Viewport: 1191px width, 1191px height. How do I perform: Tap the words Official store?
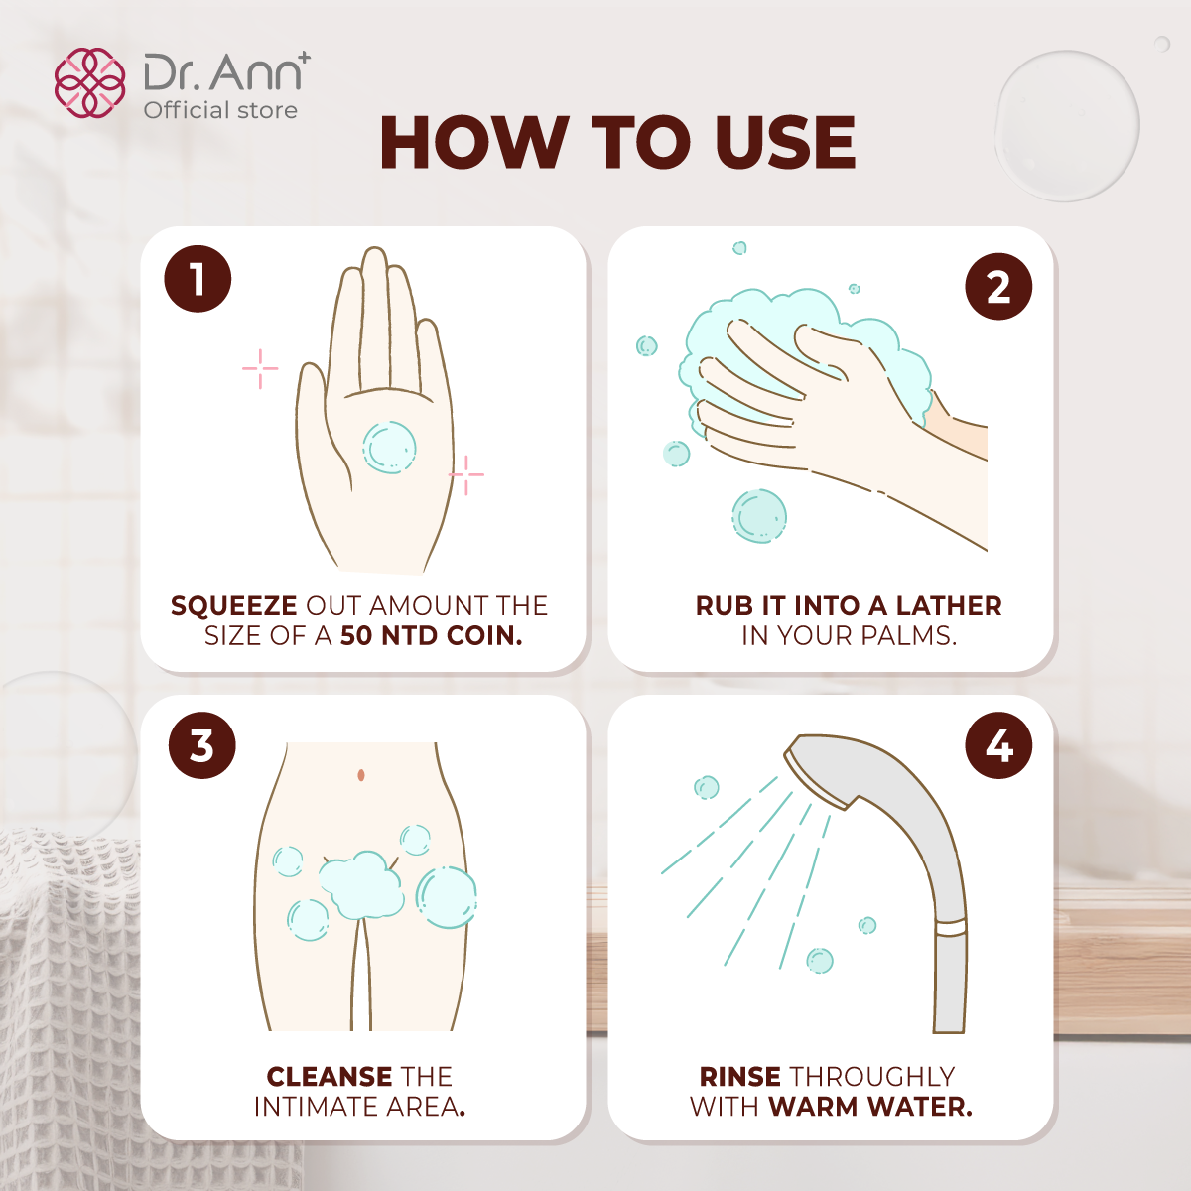pyautogui.click(x=220, y=110)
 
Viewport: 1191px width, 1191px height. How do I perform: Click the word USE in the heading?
pyautogui.click(x=784, y=142)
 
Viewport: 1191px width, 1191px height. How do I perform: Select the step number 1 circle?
pyautogui.click(x=198, y=279)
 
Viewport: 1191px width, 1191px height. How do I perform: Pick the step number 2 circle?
pyautogui.click(x=998, y=287)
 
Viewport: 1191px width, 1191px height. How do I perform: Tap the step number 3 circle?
pyautogui.click(x=201, y=745)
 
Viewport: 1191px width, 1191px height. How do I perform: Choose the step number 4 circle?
pyautogui.click(x=998, y=745)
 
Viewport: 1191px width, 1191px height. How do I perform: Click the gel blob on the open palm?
pyautogui.click(x=389, y=447)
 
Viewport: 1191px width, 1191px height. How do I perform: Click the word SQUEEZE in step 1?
pyautogui.click(x=233, y=606)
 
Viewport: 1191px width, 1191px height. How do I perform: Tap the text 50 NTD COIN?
pyautogui.click(x=431, y=636)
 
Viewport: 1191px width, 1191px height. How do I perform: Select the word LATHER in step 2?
pyautogui.click(x=949, y=606)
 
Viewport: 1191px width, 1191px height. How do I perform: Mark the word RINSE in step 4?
pyautogui.click(x=739, y=1077)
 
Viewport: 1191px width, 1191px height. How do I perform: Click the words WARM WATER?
pyautogui.click(x=869, y=1107)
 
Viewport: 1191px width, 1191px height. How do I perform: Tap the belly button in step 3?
pyautogui.click(x=361, y=774)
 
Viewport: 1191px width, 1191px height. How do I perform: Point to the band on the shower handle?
pyautogui.click(x=951, y=928)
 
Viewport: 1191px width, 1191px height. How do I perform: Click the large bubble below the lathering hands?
pyautogui.click(x=759, y=516)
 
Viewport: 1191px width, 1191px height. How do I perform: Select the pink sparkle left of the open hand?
pyautogui.click(x=260, y=368)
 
